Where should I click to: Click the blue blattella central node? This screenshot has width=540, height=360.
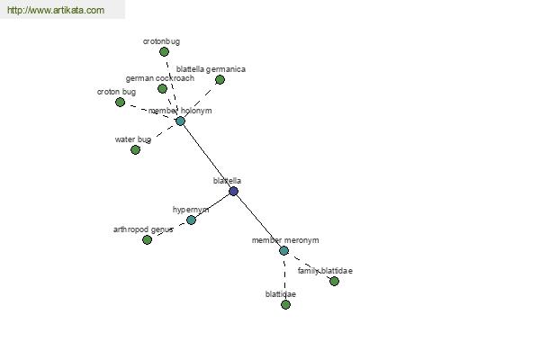(233, 191)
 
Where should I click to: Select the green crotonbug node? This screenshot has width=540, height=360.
(165, 51)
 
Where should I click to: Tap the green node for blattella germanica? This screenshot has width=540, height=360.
(220, 79)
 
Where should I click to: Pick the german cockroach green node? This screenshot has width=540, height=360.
(162, 88)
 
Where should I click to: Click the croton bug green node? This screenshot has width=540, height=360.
(120, 102)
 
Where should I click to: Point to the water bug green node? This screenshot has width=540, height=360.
(135, 149)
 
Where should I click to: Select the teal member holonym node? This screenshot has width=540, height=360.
(180, 121)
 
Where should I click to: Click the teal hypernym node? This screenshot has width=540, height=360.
(191, 220)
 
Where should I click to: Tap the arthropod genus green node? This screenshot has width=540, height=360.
(147, 239)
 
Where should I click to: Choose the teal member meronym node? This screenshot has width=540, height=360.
(283, 250)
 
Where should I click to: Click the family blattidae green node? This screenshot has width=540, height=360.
(334, 281)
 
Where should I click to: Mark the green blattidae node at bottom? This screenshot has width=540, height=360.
(285, 304)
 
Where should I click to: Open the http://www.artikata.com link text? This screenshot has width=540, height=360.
(56, 10)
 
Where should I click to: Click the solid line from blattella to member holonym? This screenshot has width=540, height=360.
(207, 156)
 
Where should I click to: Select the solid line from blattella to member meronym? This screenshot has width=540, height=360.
(258, 220)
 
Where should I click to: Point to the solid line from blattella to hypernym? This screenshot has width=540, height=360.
(212, 205)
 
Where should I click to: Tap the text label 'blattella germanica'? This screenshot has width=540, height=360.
(211, 69)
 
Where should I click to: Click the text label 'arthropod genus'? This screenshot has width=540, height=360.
(143, 229)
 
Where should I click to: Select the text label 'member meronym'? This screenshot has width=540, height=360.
(285, 240)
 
